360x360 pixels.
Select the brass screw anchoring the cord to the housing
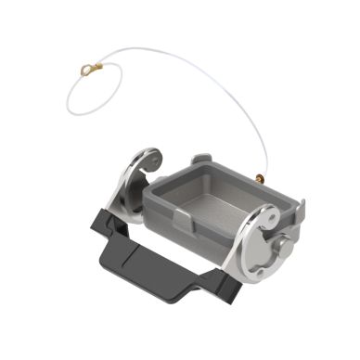[259, 176]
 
